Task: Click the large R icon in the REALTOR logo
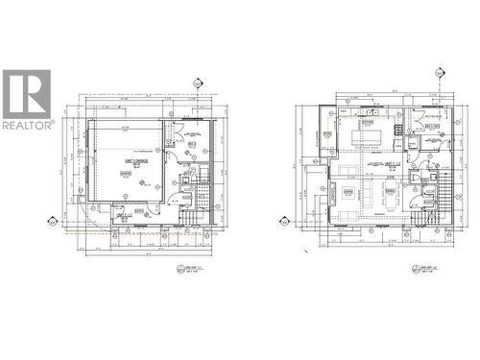coord(27,93)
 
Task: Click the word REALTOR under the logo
coord(27,125)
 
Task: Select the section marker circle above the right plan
coord(441,72)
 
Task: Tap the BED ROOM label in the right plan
coord(427,125)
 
